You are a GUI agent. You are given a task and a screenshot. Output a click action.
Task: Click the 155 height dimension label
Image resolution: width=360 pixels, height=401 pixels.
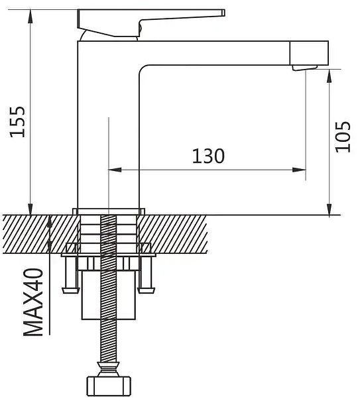17,121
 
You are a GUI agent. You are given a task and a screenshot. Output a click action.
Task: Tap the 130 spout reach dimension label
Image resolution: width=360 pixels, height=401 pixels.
208,156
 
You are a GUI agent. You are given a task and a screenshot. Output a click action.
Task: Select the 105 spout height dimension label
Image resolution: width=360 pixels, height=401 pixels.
343,137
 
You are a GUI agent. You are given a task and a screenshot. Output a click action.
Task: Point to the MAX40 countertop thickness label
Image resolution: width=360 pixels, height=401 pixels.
33,302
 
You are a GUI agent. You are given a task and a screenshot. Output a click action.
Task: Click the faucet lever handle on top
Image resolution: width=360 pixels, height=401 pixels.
151,23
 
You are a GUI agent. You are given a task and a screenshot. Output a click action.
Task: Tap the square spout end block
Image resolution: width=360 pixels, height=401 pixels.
309,52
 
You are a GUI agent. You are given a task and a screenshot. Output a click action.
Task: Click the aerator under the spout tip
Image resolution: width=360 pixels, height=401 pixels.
305,68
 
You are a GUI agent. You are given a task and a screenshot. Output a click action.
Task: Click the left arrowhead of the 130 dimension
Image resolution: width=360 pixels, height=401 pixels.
115,170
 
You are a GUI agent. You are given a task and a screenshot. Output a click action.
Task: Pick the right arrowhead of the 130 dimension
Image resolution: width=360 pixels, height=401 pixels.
299,170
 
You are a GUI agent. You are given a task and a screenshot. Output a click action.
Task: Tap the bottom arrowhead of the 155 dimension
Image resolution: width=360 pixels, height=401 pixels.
30,209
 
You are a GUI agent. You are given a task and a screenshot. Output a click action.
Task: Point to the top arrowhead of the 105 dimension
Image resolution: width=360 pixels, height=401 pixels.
330,76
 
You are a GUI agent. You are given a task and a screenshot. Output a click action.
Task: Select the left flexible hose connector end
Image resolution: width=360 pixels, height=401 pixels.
70,290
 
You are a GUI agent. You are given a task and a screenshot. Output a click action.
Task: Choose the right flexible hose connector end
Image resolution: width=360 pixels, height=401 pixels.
146,290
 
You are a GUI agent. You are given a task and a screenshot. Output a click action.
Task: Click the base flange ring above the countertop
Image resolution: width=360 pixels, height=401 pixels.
109,211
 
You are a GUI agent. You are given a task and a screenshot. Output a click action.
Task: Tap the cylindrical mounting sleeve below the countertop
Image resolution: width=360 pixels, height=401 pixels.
109,295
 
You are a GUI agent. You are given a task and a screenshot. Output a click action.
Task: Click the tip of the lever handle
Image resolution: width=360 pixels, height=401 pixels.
223,13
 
